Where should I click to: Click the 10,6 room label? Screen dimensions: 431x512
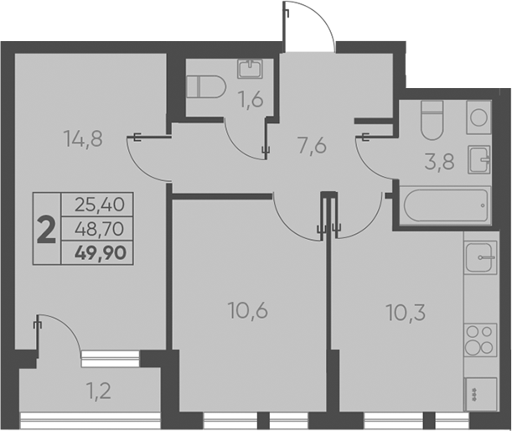point(247,312)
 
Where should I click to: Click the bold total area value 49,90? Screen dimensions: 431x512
point(99,251)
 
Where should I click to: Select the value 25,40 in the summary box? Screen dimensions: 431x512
point(97,203)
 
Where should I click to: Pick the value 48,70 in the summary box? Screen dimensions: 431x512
point(97,226)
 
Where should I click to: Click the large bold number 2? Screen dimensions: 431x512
point(48,228)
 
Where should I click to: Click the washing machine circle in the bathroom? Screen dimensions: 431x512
point(479,117)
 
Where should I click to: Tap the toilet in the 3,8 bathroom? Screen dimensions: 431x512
point(432,120)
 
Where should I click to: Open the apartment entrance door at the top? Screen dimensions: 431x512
point(309,25)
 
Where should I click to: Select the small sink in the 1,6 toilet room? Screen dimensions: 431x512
point(250,69)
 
